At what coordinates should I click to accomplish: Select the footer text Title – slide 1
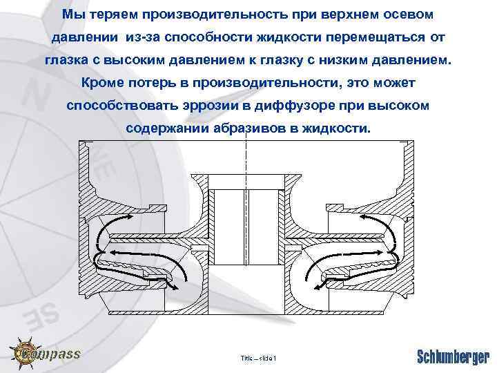coord(257,358)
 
